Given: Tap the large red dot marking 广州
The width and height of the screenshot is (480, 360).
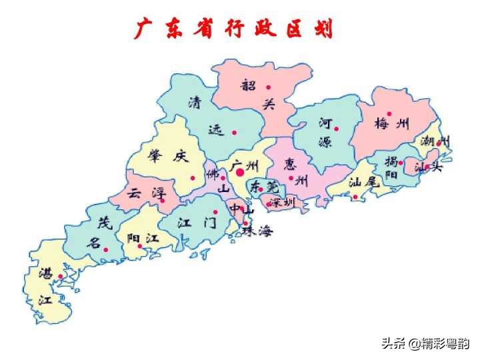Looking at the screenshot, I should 240,172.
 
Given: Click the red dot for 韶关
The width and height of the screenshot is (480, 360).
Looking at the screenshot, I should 269,87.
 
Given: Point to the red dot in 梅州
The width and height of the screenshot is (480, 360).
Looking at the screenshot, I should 390,114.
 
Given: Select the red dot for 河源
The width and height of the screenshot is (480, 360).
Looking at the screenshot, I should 337,129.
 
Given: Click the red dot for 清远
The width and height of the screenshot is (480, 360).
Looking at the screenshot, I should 234,132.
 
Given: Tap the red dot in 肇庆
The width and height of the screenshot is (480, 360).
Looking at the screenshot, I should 193,177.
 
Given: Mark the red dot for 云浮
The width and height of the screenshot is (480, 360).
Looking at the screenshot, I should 162,200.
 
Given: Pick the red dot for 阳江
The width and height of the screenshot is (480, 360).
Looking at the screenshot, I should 139,246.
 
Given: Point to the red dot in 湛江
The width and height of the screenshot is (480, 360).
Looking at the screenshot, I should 61,276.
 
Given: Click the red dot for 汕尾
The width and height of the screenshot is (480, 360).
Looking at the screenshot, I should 355,197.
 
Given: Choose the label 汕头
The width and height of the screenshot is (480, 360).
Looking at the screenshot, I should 428,167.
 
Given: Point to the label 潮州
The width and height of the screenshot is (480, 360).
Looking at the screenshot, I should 435,141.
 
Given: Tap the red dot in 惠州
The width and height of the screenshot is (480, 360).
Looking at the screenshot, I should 291,178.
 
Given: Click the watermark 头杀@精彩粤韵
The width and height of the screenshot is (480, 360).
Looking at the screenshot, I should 425,344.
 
